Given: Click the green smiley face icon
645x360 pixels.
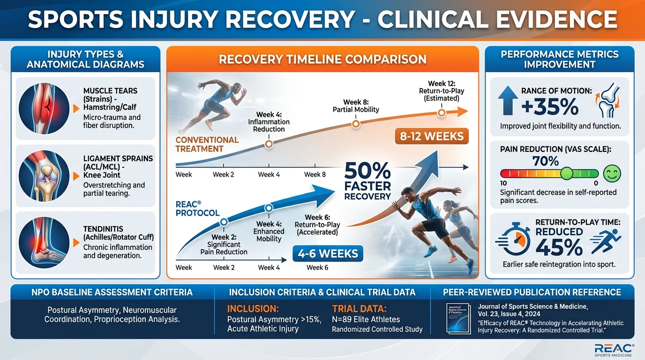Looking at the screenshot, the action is [x=612, y=173].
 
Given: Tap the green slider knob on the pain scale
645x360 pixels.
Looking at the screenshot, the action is [x=566, y=173].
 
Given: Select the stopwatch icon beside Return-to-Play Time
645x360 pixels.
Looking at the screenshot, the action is [x=514, y=239].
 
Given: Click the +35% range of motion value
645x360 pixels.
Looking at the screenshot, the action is [x=550, y=107].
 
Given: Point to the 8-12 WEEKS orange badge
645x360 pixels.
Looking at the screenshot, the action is [x=432, y=136].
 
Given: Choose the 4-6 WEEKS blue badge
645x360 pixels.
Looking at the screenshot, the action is [x=328, y=254].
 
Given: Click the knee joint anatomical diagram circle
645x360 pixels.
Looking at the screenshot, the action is [x=44, y=175].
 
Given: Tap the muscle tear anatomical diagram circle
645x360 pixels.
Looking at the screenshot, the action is [x=44, y=108].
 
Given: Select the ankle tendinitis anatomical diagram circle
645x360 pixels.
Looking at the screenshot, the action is [x=44, y=242].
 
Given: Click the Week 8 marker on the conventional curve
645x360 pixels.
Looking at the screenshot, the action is [x=356, y=124].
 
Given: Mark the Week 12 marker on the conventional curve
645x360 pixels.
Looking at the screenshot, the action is [x=442, y=112].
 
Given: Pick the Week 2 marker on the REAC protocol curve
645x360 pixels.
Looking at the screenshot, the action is [x=224, y=222].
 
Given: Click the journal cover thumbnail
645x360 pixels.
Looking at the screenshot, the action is [x=459, y=318].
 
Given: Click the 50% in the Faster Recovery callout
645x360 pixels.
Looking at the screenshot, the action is [x=367, y=171].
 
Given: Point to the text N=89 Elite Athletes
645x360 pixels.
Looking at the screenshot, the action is [x=366, y=319].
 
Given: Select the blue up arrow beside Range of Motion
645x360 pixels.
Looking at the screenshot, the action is [x=508, y=100].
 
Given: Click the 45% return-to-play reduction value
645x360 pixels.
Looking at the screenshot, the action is [x=559, y=247].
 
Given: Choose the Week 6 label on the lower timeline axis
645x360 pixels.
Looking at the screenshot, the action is [x=317, y=268].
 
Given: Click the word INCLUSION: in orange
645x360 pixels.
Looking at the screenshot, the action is [x=253, y=309].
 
